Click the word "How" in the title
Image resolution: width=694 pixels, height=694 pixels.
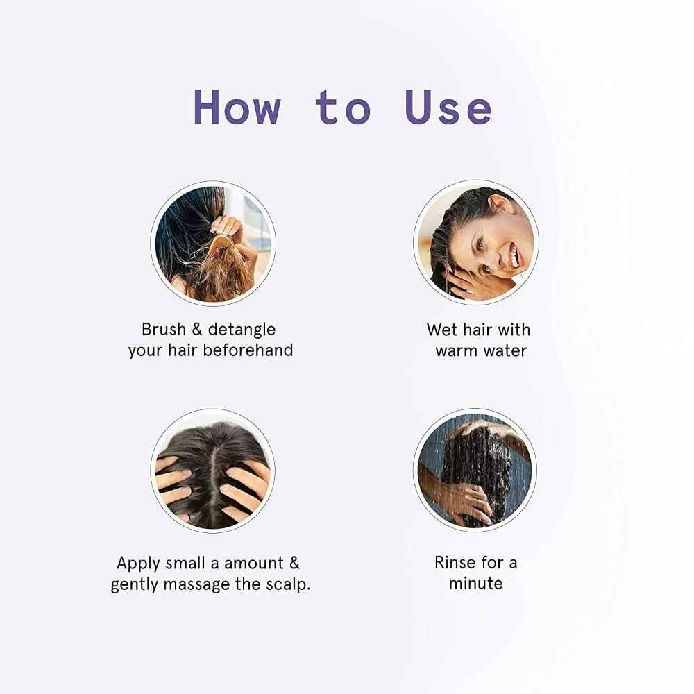click(x=237, y=108)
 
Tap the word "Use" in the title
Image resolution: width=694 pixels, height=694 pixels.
click(x=448, y=108)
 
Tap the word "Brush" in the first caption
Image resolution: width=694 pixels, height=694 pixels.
click(x=164, y=329)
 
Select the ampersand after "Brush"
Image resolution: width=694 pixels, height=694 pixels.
click(x=197, y=329)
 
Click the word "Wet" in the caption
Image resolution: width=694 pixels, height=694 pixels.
click(x=442, y=329)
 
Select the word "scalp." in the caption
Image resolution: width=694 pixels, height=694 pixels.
click(x=288, y=584)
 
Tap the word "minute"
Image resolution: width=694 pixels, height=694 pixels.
click(x=475, y=583)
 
